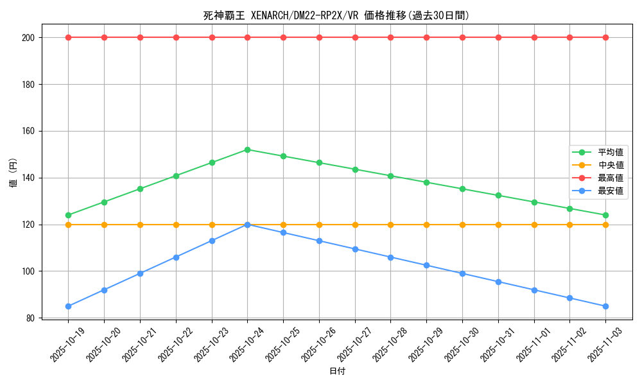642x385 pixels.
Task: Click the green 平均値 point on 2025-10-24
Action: [248, 150]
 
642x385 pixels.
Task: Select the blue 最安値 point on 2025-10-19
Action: [69, 306]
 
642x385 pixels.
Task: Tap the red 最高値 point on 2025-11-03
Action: [605, 37]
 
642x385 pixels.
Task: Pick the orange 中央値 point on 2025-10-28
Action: [390, 225]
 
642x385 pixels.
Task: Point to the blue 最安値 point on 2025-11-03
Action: [605, 306]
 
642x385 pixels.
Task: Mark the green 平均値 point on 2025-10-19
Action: [69, 215]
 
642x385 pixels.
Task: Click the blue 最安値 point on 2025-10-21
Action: [140, 273]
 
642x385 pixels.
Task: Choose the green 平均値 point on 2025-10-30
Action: [462, 189]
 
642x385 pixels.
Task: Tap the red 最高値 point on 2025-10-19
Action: [69, 37]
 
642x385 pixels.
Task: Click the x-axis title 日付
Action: [337, 372]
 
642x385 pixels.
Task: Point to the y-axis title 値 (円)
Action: [13, 173]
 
